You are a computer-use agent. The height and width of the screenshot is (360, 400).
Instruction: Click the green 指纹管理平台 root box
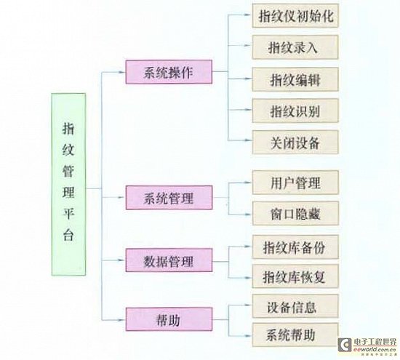tap(68, 184)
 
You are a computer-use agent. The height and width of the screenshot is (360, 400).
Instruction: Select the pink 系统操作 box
tap(169, 72)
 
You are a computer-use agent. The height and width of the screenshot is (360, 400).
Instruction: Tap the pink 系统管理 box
tap(169, 198)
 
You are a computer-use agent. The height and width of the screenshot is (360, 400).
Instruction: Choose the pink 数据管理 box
tap(169, 260)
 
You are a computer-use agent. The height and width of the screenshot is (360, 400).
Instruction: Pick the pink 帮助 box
tap(169, 319)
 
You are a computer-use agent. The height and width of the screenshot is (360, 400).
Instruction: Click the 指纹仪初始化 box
tap(295, 15)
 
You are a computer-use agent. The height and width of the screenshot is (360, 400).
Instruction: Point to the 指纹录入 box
tap(295, 47)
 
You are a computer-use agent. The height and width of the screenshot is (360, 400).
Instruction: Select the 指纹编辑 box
tap(295, 79)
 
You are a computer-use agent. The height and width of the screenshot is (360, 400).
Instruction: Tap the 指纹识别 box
tap(295, 111)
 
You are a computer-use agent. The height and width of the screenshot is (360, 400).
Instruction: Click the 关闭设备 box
tap(295, 142)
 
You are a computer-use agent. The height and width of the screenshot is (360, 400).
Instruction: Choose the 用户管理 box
tap(295, 183)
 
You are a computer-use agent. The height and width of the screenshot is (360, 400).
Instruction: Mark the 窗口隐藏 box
tap(295, 213)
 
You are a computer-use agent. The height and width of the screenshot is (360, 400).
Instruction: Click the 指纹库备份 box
tap(295, 247)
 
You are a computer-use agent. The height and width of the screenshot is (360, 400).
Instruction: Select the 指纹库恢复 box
tap(295, 276)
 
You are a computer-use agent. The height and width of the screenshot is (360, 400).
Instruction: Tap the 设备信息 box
tap(295, 306)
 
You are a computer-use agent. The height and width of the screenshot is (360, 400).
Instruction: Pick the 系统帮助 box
tap(295, 335)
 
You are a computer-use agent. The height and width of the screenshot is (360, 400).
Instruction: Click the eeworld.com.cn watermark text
tap(375, 350)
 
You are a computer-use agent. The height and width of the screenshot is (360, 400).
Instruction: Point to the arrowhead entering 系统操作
tap(122, 72)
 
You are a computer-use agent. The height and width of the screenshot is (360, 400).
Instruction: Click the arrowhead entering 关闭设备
tap(249, 140)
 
